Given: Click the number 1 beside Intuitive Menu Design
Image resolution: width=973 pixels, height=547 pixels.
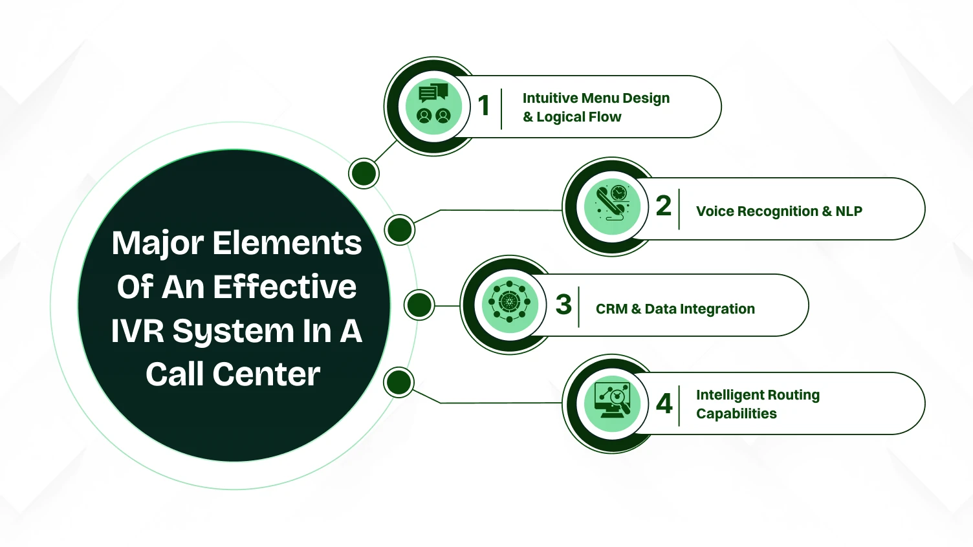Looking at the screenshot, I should tap(483, 105).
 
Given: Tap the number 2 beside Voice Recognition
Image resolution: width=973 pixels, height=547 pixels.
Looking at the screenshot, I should tap(663, 206).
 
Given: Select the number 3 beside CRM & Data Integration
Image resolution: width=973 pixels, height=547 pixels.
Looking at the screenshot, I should tap(563, 304).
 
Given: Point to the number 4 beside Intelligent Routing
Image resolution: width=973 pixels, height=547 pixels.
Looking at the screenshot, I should tap(664, 403).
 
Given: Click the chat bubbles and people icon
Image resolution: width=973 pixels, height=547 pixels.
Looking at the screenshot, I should tap(433, 106).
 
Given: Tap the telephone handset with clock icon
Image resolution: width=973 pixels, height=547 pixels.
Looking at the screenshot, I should tap(612, 206).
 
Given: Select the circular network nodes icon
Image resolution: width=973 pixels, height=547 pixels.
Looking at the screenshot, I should tap(510, 302).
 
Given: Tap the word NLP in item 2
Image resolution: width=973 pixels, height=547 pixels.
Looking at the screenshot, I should tap(849, 211).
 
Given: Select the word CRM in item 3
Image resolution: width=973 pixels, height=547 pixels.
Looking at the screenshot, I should tap(611, 309).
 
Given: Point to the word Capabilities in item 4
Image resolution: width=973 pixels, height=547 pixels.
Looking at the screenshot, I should tap(736, 414).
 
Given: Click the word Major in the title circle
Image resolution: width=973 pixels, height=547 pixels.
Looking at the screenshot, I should tap(158, 244).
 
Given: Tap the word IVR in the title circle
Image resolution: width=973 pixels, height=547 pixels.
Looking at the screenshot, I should tap(138, 331).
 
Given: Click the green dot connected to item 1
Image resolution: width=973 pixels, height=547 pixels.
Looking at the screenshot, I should tap(364, 173).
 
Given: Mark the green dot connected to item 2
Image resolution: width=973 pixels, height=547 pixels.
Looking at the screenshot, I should tap(399, 230).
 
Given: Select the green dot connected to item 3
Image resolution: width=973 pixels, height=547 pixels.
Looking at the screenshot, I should tap(419, 305).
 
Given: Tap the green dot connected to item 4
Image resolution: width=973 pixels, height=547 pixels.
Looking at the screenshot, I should tap(399, 382).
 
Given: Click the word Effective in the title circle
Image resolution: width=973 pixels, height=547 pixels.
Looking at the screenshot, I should tap(285, 287).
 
